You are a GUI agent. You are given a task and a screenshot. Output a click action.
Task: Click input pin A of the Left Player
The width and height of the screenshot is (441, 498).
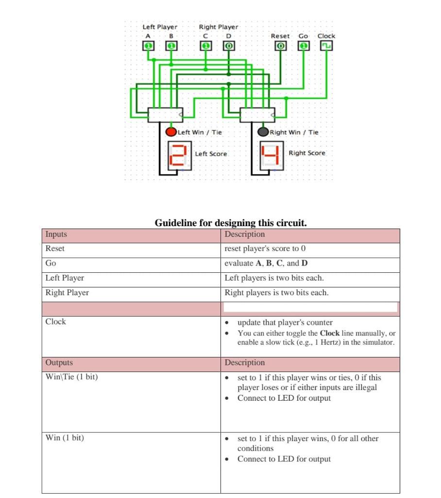click(x=148, y=46)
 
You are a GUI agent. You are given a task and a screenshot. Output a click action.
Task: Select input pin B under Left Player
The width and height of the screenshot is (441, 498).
click(x=171, y=46)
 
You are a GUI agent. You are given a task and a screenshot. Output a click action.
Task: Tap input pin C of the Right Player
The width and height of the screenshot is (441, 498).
click(x=206, y=46)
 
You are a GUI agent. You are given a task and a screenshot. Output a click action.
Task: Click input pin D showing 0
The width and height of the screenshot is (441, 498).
click(x=229, y=46)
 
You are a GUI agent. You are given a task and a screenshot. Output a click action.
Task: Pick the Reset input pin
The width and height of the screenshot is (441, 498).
click(x=280, y=46)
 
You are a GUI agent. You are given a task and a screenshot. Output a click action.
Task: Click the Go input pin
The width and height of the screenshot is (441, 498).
click(x=304, y=46)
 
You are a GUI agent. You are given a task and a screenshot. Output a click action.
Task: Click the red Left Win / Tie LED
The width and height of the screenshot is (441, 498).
click(x=171, y=132)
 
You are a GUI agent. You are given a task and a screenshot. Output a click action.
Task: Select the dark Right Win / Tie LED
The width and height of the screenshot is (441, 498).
click(x=263, y=132)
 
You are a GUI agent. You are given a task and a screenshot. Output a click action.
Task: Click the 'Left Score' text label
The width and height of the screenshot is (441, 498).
click(x=211, y=154)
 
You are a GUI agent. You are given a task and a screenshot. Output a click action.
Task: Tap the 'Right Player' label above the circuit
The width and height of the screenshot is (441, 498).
click(x=219, y=27)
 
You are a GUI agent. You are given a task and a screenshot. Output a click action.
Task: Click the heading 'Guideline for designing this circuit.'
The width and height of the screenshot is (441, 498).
click(x=230, y=223)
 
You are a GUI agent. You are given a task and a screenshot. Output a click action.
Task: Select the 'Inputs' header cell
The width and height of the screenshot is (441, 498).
click(x=56, y=234)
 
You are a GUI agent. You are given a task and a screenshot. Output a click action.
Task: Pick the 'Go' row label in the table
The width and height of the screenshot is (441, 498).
click(x=51, y=263)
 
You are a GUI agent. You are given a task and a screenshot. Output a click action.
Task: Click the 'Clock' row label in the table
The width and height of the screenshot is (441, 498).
click(x=55, y=321)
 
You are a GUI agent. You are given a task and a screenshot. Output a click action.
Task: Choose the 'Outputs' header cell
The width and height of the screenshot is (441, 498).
click(x=59, y=363)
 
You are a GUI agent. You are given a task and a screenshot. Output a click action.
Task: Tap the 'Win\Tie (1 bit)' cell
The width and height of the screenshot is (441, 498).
click(x=71, y=377)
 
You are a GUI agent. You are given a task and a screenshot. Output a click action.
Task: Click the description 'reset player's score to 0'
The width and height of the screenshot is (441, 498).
click(x=265, y=249)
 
